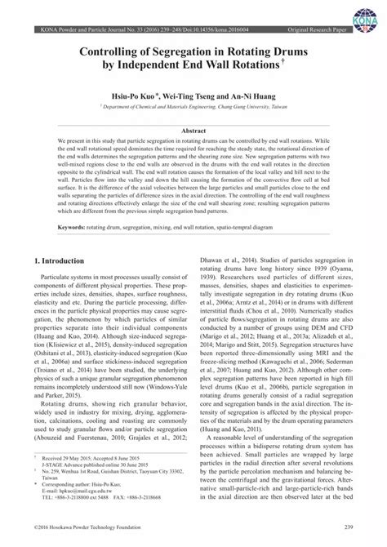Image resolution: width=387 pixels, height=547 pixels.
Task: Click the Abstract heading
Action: pos(193,131)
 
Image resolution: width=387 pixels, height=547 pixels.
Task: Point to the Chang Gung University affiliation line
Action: pos(193,105)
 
